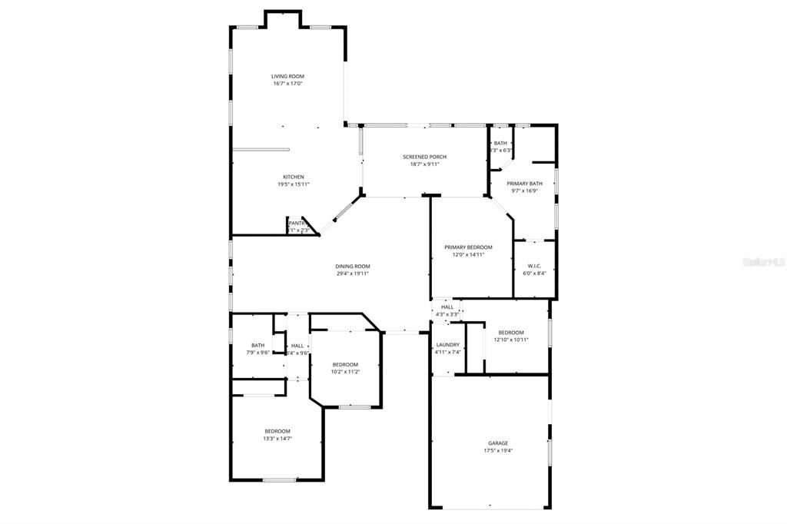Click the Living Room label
click(x=287, y=76)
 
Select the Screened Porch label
click(x=424, y=157)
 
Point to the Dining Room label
click(x=353, y=267)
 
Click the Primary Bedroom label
click(x=468, y=247)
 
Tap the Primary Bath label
click(x=524, y=184)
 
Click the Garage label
click(x=497, y=443)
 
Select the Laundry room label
click(x=447, y=345)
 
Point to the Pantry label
click(x=297, y=224)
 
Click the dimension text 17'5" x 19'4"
click(x=497, y=451)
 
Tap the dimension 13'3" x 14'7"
click(x=277, y=439)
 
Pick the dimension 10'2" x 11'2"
click(x=345, y=372)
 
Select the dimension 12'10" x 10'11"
click(x=510, y=340)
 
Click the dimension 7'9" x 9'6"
click(x=258, y=353)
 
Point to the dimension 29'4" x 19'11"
click(x=353, y=274)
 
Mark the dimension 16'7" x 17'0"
click(x=287, y=83)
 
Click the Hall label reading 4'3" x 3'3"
click(x=447, y=313)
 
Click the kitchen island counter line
click(x=261, y=150)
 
